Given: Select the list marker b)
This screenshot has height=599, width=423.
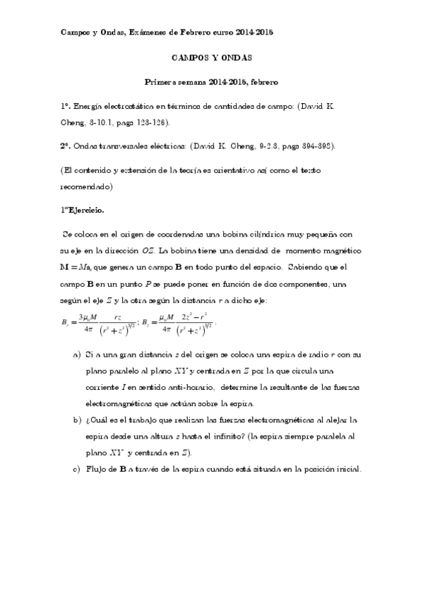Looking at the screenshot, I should click(x=77, y=420).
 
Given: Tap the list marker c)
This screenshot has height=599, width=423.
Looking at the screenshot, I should click(x=77, y=469).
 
